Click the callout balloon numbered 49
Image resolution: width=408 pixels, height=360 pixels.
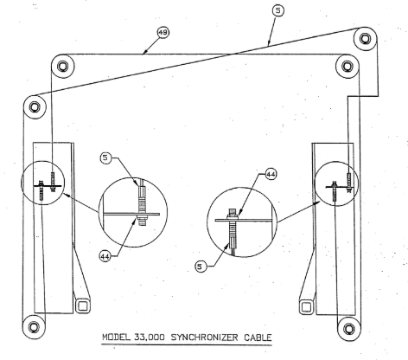click(163, 32)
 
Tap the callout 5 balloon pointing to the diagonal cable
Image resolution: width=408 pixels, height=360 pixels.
click(277, 10)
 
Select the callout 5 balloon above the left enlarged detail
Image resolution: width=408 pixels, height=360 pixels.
click(105, 157)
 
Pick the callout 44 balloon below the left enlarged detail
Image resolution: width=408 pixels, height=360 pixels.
click(105, 256)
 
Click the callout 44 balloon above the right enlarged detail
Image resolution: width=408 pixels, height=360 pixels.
click(271, 174)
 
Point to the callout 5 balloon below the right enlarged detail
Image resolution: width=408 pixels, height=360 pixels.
click(201, 267)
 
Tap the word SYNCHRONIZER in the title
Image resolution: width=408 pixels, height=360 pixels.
click(204, 337)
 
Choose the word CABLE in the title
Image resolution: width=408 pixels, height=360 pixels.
click(258, 337)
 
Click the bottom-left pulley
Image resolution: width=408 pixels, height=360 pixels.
click(34, 327)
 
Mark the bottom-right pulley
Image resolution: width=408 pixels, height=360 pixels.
click(349, 329)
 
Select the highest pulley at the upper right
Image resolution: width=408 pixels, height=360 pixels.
click(365, 39)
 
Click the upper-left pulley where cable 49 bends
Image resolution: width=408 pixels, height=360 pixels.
click(62, 66)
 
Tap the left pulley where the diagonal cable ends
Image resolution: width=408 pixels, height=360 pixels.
click(35, 107)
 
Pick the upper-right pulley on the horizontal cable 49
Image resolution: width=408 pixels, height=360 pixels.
click(347, 67)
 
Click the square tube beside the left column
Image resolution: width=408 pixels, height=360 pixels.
click(83, 306)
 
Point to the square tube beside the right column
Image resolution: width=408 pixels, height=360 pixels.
click(307, 306)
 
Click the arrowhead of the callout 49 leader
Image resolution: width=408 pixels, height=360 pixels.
click(144, 52)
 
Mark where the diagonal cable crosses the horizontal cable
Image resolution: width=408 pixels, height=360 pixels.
click(234, 54)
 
